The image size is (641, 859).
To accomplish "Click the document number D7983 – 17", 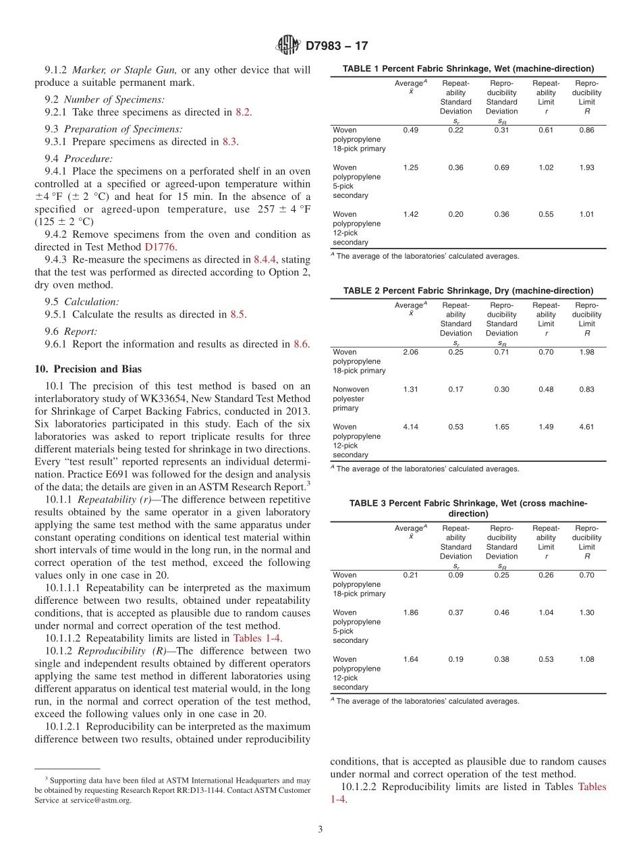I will click(x=337, y=47).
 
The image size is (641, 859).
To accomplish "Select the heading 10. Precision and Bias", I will click(x=88, y=369).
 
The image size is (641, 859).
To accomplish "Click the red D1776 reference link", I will click(x=160, y=247).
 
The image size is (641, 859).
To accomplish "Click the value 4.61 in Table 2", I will click(x=586, y=427).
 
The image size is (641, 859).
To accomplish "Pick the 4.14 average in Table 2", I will click(x=410, y=427).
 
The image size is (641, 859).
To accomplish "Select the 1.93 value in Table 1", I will click(x=586, y=167).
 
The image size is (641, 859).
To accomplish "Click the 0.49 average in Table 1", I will click(x=410, y=130).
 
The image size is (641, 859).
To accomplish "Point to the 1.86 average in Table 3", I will click(x=410, y=613).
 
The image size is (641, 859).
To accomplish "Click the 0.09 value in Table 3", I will click(x=455, y=575).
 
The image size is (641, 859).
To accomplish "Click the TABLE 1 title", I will click(x=468, y=69).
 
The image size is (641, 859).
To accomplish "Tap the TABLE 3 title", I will click(x=468, y=509).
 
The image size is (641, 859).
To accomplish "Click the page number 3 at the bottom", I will click(x=320, y=829).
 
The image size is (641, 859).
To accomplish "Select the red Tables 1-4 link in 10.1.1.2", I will click(x=257, y=637).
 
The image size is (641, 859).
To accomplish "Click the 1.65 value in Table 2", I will click(x=501, y=427).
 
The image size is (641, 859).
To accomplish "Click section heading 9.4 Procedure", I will click(x=78, y=159).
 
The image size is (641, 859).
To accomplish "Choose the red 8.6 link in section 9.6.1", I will click(x=300, y=344).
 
